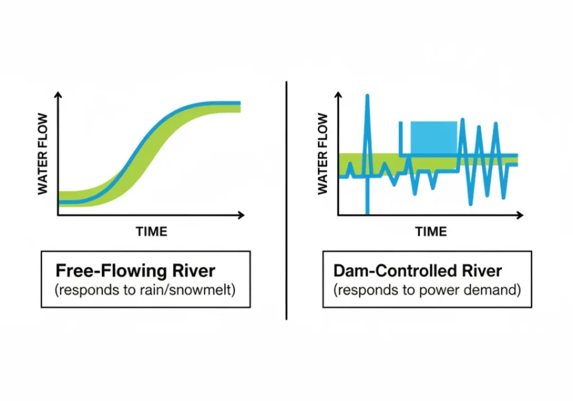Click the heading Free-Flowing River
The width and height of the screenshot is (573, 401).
[135, 271]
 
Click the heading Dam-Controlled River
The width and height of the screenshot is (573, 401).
[417, 271]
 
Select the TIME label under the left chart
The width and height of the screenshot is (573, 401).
[151, 232]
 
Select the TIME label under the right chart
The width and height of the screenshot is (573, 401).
[431, 232]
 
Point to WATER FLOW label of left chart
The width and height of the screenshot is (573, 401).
[43, 154]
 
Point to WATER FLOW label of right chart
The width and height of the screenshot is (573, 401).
[323, 154]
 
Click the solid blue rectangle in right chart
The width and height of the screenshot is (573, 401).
[434, 138]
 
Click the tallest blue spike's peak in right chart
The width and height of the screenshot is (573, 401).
[368, 96]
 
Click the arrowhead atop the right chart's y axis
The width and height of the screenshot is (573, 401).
[337, 95]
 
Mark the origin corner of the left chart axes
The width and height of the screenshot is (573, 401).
[58, 215]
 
